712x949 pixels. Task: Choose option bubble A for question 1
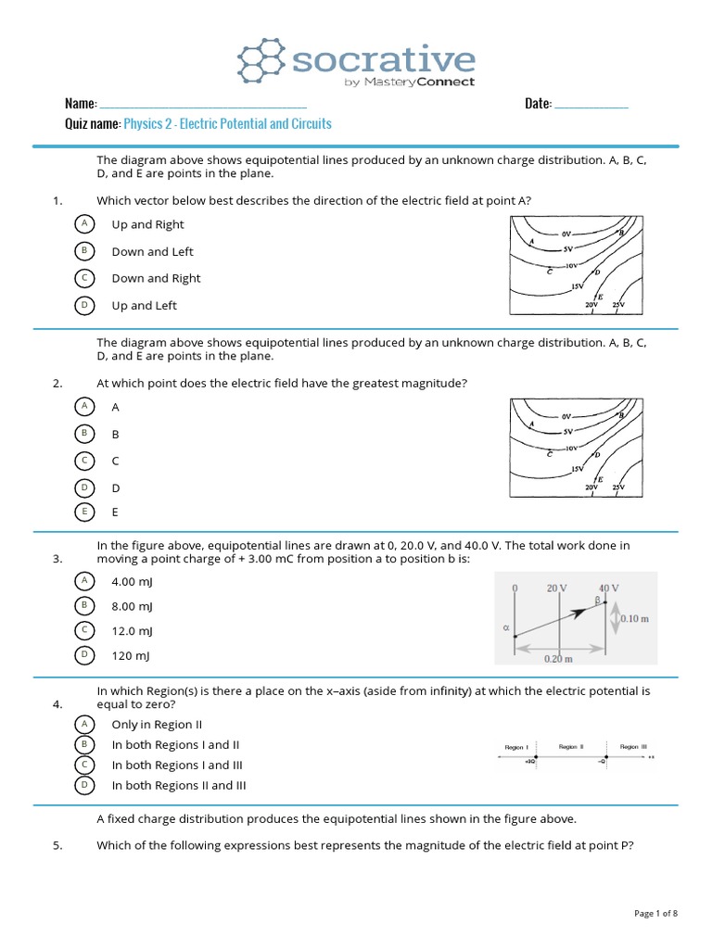click(x=84, y=224)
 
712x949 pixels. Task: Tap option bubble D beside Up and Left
click(x=84, y=305)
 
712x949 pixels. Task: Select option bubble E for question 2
click(x=84, y=512)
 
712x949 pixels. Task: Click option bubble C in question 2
click(x=84, y=461)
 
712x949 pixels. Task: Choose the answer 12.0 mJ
click(x=132, y=631)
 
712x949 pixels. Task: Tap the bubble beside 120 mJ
click(x=84, y=655)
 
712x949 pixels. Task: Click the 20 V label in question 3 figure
click(x=556, y=588)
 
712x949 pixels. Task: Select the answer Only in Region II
click(x=156, y=725)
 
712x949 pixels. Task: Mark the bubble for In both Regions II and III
click(x=84, y=785)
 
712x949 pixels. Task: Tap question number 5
click(x=57, y=845)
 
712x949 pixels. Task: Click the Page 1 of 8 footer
click(x=655, y=914)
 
